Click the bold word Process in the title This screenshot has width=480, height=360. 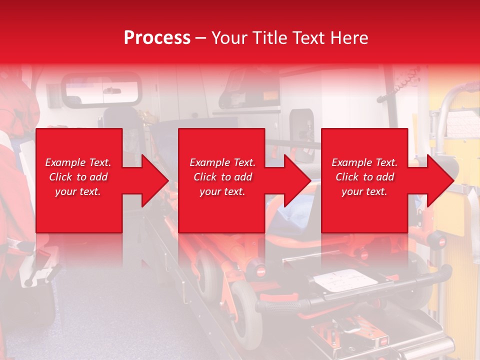coord(157,38)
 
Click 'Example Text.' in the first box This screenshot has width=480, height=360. coord(78,162)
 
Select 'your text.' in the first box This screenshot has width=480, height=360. coord(78,191)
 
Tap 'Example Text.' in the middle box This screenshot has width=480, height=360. coord(222,162)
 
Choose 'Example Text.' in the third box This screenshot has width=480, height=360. coord(364,162)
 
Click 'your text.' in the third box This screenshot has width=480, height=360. coord(364,191)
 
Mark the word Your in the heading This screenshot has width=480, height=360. coord(230,38)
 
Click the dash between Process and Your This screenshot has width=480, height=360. coord(201,38)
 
